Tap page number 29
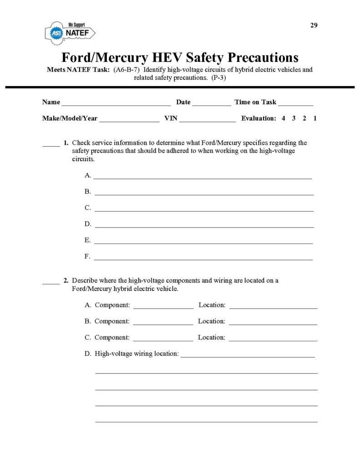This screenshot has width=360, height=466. coord(314,25)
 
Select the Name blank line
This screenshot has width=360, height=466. coord(116,104)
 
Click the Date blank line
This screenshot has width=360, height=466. coord(212,104)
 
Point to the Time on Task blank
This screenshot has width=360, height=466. coord(295,104)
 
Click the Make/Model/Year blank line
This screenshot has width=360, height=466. coord(129,120)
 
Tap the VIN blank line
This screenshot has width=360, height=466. coord(208,120)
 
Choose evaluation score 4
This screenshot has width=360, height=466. coord(283,118)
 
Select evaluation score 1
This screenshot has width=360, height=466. coord(315,118)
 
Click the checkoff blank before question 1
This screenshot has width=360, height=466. coord(51,145)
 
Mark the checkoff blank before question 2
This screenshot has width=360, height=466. coord(51,283)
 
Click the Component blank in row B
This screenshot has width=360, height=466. coord(163,323)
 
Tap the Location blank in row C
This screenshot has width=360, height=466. coord(273,339)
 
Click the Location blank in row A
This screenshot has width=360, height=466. coord(273,307)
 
